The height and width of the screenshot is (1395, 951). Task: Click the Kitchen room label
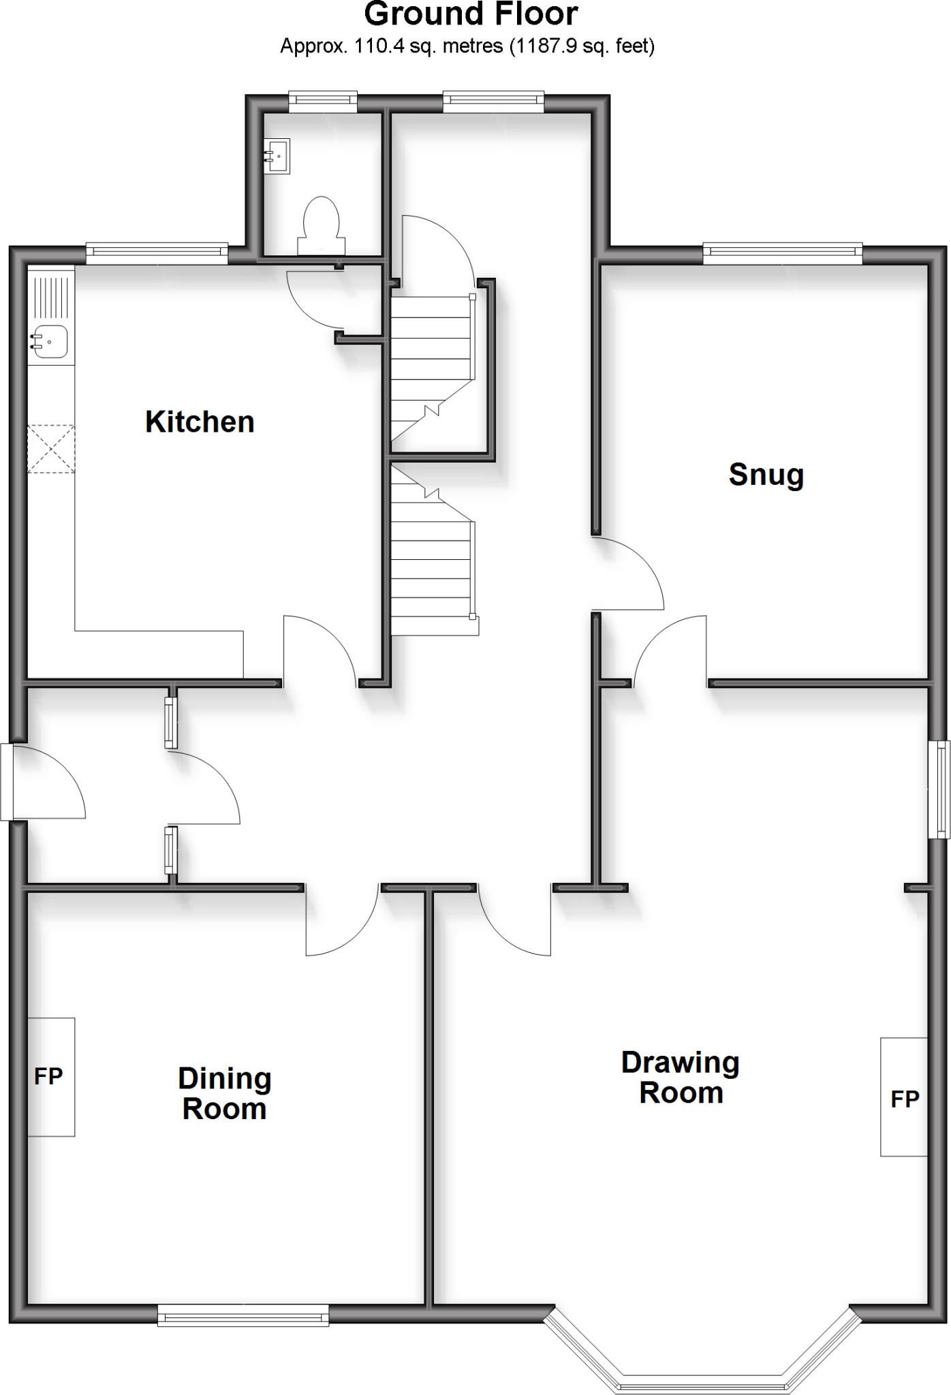coord(200,422)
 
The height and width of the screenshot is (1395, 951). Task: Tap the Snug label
coord(766,475)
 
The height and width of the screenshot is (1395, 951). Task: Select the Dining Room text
coord(225,1093)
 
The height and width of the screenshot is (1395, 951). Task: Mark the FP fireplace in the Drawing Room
coord(904,1097)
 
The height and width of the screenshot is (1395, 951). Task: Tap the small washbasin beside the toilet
coord(277,156)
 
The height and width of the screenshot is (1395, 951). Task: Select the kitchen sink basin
coord(50,342)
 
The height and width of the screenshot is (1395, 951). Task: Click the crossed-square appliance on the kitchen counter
coord(51,449)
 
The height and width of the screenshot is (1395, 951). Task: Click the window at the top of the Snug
coord(782,255)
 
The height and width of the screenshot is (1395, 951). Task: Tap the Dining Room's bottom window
coord(243,1315)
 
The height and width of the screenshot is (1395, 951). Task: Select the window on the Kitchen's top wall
coord(157,254)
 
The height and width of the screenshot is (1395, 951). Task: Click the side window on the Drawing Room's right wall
coord(941,790)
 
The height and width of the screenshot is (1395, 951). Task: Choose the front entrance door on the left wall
coord(48,783)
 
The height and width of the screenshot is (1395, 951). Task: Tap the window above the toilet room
coord(323,102)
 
